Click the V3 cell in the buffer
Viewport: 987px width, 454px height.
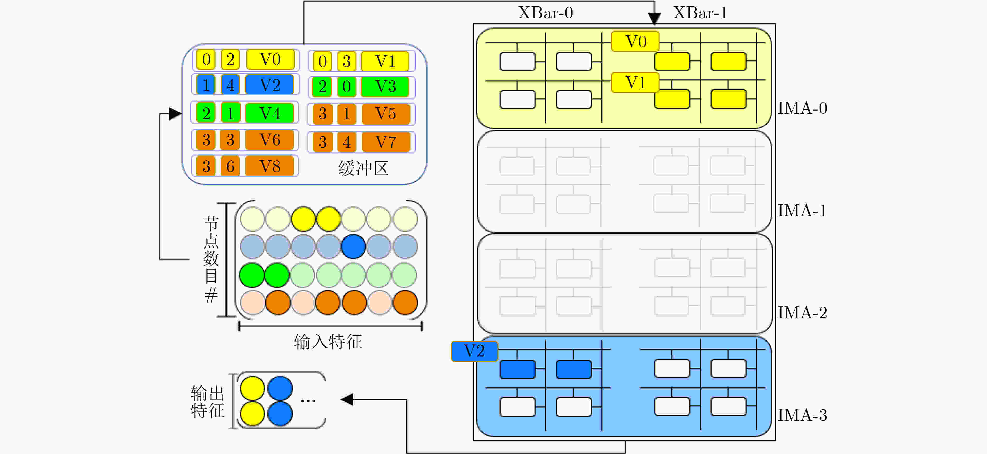(x=385, y=87)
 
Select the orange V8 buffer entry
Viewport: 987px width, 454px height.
(x=269, y=166)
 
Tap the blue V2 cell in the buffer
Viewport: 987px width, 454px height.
(x=269, y=84)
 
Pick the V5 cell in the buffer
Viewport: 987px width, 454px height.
(x=385, y=114)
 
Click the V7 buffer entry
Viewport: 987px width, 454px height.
(x=385, y=142)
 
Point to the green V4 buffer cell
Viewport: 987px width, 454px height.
(x=269, y=113)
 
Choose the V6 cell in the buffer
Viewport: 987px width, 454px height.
(x=269, y=140)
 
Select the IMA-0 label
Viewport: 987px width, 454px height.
(x=802, y=108)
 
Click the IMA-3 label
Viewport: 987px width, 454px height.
(x=802, y=415)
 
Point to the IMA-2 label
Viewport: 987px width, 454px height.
(x=802, y=313)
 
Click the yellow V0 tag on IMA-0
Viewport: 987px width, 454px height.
(x=635, y=41)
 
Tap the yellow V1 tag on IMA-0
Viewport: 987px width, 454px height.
(x=635, y=82)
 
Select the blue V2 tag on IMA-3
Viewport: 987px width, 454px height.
(x=474, y=351)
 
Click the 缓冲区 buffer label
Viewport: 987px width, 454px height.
(x=363, y=168)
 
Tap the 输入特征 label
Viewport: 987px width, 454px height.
(x=328, y=341)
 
